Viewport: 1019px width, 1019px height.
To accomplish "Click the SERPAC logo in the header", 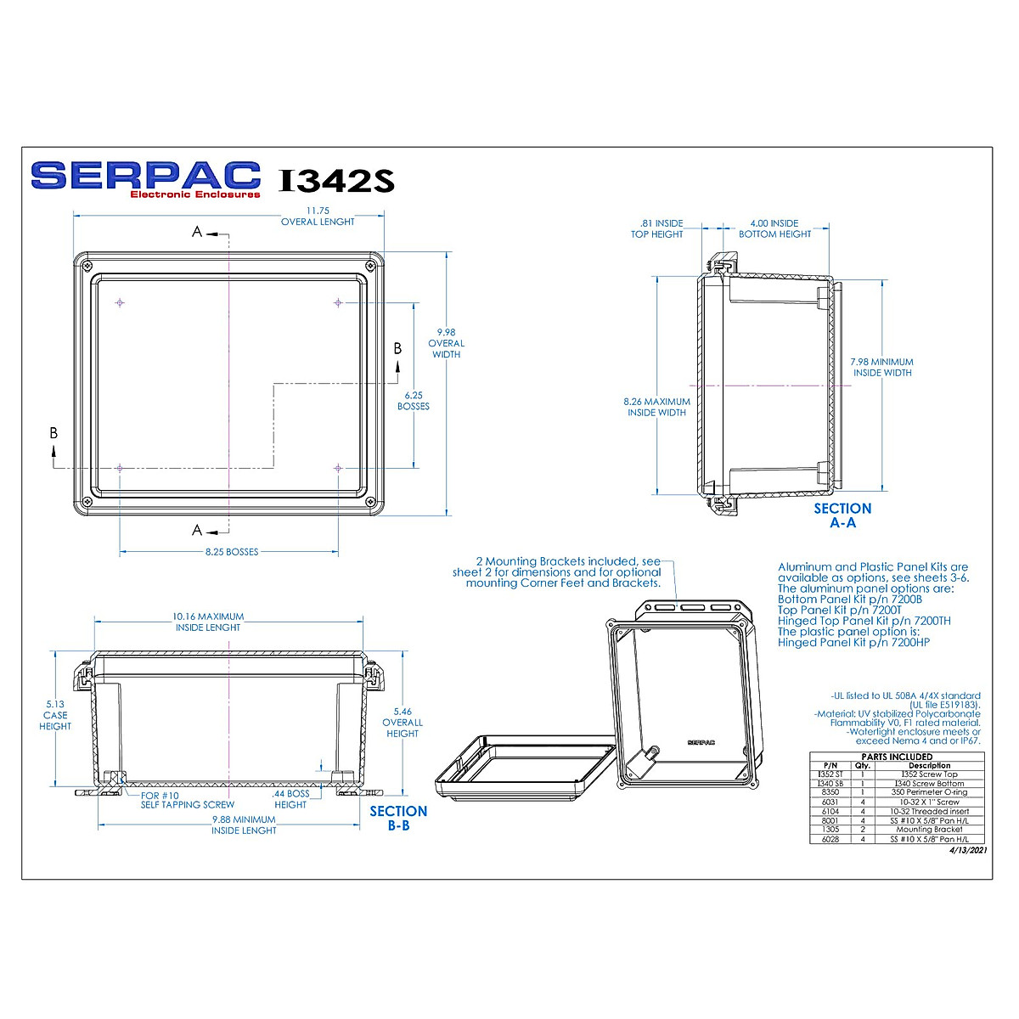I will tap(145, 178).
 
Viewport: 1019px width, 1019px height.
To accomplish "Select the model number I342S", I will tap(336, 181).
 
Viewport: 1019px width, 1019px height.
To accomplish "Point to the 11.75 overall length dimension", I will tap(318, 216).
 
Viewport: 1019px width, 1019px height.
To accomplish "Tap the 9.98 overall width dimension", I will tap(446, 343).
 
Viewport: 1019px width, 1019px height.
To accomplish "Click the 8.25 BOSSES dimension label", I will tap(232, 552).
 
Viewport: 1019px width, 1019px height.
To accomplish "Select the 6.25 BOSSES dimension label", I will tap(414, 401).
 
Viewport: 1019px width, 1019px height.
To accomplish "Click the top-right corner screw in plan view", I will tap(370, 267).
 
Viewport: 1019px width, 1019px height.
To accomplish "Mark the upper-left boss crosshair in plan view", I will tap(121, 303).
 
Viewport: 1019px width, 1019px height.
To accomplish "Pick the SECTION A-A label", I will tap(842, 515).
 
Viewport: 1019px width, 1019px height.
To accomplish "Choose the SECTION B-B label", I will tap(398, 818).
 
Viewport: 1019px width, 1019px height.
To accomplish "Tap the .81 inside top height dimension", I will tap(656, 228).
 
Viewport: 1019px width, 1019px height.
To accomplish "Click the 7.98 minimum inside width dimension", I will tap(882, 367).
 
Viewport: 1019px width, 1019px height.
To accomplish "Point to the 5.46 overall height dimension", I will tap(403, 723).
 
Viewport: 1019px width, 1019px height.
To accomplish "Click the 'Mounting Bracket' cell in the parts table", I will tap(930, 830).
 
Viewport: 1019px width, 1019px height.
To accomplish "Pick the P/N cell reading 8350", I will tap(830, 792).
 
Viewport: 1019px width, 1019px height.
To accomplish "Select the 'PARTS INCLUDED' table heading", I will tap(897, 757).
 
